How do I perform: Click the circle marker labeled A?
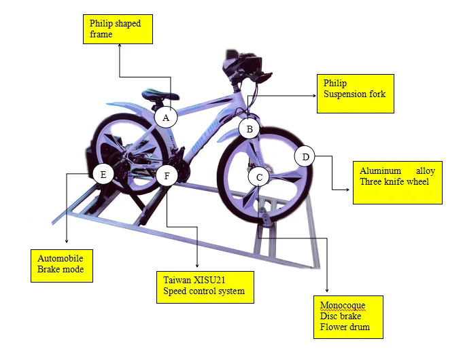click(165, 118)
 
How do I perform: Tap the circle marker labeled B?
click(250, 128)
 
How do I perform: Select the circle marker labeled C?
click(259, 177)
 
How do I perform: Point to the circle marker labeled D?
click(305, 157)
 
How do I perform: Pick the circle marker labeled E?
click(103, 175)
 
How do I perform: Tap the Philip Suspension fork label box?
click(354, 93)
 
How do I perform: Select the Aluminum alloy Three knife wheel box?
click(397, 181)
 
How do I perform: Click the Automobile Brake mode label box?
click(62, 266)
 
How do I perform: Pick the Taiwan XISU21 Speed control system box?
click(205, 287)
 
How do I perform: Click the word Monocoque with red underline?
click(340, 306)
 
